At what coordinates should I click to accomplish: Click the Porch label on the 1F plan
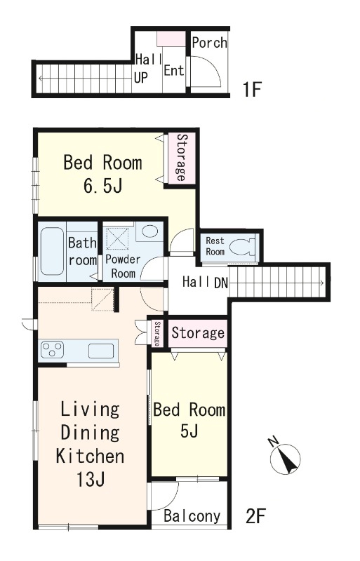point(210,43)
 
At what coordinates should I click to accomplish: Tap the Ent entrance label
point(174,70)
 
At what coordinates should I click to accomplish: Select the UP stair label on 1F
point(141,78)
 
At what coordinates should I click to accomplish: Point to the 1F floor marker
point(252,89)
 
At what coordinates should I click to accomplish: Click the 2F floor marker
point(255,516)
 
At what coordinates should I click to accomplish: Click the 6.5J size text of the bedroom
point(103,186)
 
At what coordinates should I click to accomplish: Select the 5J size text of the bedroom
point(189,431)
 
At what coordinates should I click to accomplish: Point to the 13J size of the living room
point(91,480)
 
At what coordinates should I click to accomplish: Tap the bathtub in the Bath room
point(52,251)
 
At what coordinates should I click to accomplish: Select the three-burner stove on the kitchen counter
point(53,349)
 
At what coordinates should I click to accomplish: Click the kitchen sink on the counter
point(101,351)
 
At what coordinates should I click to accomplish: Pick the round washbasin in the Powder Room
point(149,231)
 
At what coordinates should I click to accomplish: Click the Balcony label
point(192,516)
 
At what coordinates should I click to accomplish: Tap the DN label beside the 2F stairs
point(221,283)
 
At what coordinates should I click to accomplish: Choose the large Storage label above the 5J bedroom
point(198,332)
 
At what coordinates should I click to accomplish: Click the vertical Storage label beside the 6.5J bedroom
point(182,158)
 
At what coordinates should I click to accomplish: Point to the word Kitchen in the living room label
point(91,457)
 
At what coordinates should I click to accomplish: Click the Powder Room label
point(123,266)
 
